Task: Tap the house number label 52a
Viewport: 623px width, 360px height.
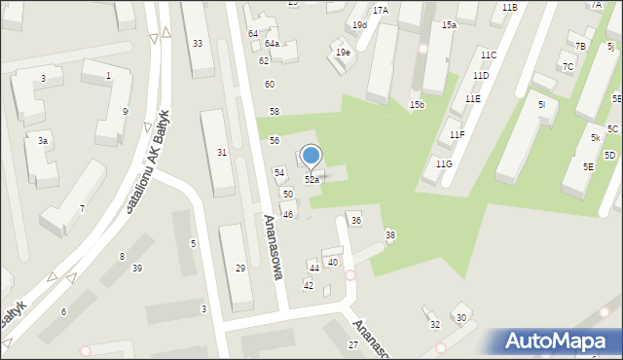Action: tap(311, 180)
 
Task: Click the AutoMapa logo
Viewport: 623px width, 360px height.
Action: tap(561, 341)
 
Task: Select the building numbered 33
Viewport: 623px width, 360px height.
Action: tap(198, 43)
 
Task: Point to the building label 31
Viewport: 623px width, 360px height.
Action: tap(222, 152)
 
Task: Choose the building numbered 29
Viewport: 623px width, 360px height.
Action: tap(240, 268)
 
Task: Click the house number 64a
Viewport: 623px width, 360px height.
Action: tap(272, 44)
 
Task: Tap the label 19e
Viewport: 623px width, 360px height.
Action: tap(343, 53)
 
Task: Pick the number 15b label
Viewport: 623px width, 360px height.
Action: tap(417, 104)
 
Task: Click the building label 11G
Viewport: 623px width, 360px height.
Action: tap(444, 163)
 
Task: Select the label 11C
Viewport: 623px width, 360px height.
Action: tap(488, 54)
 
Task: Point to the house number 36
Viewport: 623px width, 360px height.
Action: tap(356, 221)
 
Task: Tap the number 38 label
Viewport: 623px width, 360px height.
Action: tap(390, 234)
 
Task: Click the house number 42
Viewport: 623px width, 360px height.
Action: tap(309, 285)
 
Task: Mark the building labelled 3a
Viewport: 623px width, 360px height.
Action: tap(43, 141)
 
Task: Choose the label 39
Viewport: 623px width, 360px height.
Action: tap(137, 269)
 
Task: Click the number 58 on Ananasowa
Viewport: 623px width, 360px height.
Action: tap(275, 112)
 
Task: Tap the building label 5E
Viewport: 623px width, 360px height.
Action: tap(588, 167)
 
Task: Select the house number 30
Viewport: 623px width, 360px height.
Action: tap(461, 318)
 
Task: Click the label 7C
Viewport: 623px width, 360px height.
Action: tap(568, 67)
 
